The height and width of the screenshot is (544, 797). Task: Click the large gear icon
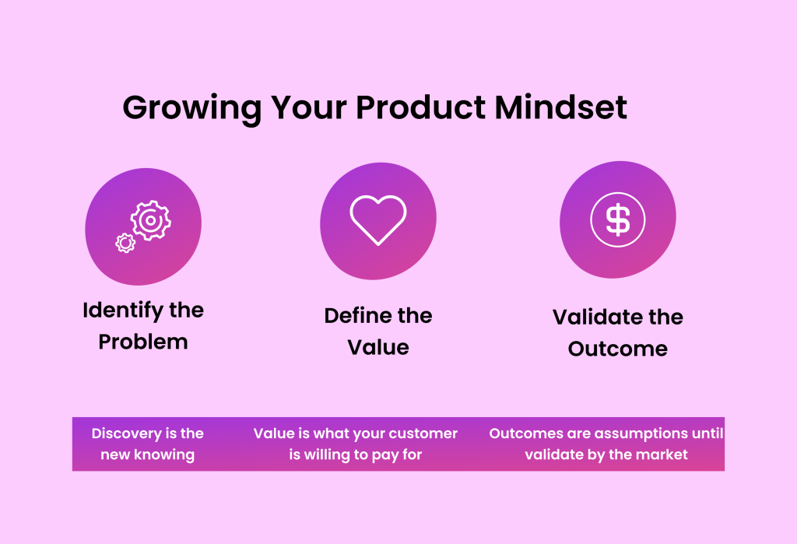(150, 220)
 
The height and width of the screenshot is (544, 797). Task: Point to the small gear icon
(125, 242)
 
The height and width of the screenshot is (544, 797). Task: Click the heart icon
(378, 219)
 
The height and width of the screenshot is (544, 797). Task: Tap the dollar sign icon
(618, 219)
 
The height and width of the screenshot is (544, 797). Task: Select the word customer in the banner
(424, 433)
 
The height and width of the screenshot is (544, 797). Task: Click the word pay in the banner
(386, 455)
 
